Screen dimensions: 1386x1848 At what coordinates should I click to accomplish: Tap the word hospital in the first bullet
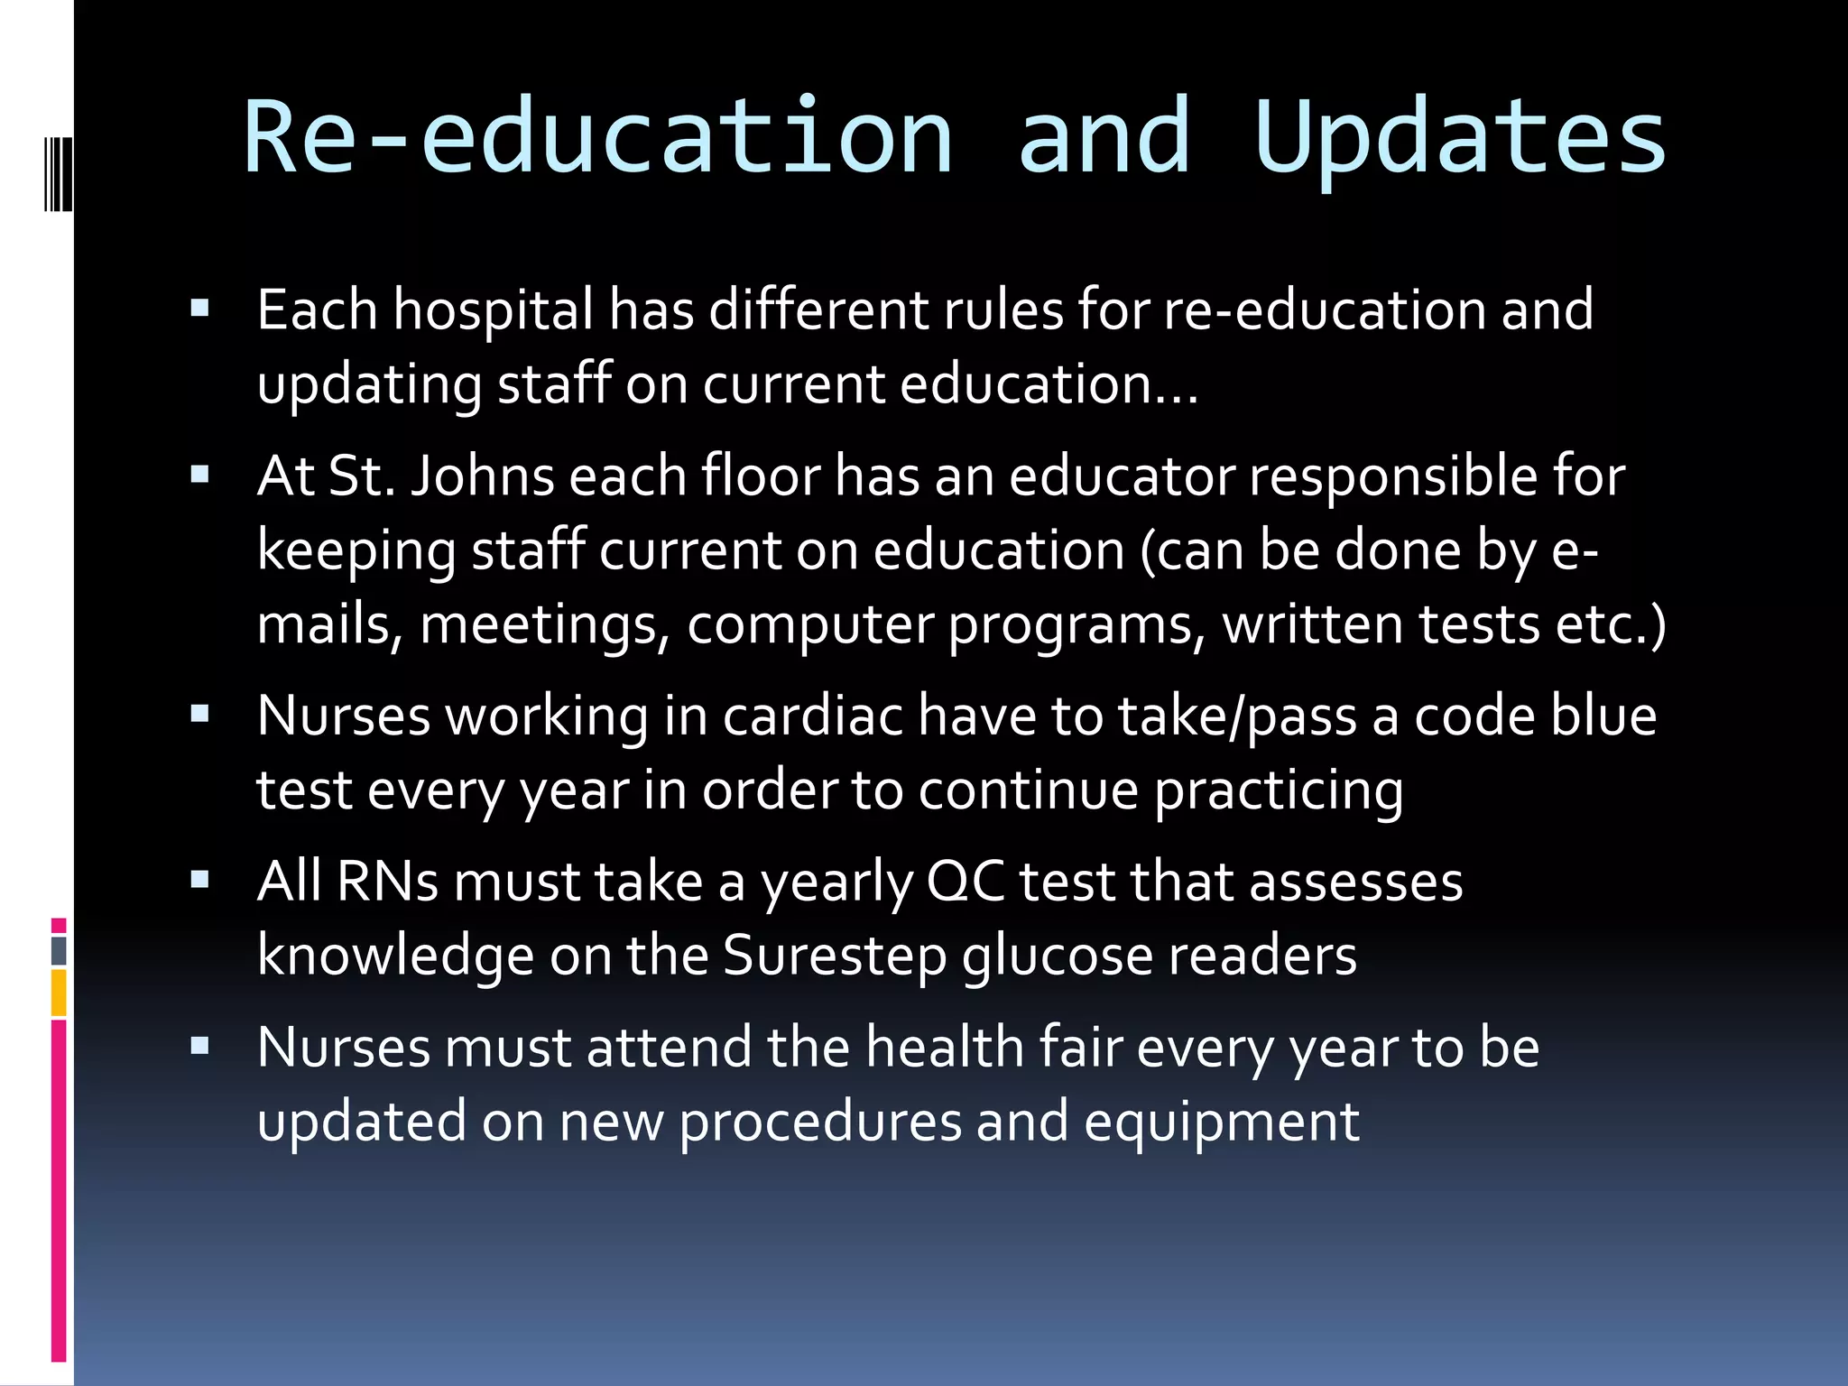coord(493,310)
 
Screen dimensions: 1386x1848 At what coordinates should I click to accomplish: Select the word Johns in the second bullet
coord(482,476)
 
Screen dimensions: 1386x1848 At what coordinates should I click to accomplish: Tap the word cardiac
coord(812,716)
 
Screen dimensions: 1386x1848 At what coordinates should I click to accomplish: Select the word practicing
coord(1279,791)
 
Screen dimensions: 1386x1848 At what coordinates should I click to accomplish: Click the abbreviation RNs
coord(387,882)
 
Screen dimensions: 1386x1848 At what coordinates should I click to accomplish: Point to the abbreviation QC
coord(966,882)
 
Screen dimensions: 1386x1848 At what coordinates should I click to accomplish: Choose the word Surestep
coord(835,956)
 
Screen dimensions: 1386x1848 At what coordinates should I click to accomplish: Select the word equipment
coord(1221,1123)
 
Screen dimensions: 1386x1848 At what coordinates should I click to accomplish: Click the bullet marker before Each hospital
coord(200,310)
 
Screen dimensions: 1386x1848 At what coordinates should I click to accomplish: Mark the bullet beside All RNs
coord(200,880)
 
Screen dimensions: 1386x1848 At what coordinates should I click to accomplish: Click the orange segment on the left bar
coord(59,992)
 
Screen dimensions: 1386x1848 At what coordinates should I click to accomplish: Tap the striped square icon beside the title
coord(57,173)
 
